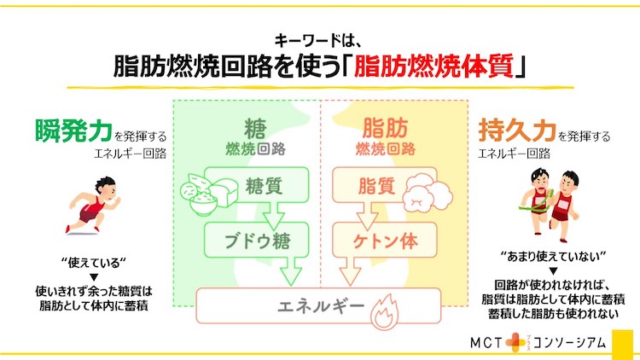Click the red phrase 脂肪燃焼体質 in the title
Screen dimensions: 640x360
pyautogui.click(x=433, y=66)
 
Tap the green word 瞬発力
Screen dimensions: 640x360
pyautogui.click(x=73, y=131)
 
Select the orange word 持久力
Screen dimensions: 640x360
pyautogui.click(x=517, y=131)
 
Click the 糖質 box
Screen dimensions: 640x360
pyautogui.click(x=256, y=185)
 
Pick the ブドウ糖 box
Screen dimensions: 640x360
pyautogui.click(x=256, y=240)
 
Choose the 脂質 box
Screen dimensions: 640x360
pyautogui.click(x=385, y=185)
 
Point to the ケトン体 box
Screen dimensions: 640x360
pyautogui.click(x=385, y=240)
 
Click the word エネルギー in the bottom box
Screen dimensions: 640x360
pyautogui.click(x=320, y=305)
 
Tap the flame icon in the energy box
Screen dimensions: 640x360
pyautogui.click(x=385, y=312)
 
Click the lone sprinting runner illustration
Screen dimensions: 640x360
pyautogui.click(x=93, y=206)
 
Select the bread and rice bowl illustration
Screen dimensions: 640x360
pyautogui.click(x=208, y=195)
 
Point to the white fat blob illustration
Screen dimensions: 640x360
pyautogui.click(x=428, y=192)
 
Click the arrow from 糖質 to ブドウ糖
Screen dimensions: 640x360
pyautogui.click(x=273, y=217)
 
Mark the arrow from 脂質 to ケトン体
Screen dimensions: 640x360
pyautogui.click(x=368, y=217)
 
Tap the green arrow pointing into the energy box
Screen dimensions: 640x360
pyautogui.click(x=291, y=271)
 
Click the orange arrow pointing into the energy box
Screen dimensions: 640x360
pyautogui.click(x=350, y=271)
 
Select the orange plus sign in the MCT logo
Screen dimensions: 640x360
pyautogui.click(x=515, y=343)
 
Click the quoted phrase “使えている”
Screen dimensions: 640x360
pyautogui.click(x=94, y=263)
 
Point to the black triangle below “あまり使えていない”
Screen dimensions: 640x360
pyautogui.click(x=553, y=271)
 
